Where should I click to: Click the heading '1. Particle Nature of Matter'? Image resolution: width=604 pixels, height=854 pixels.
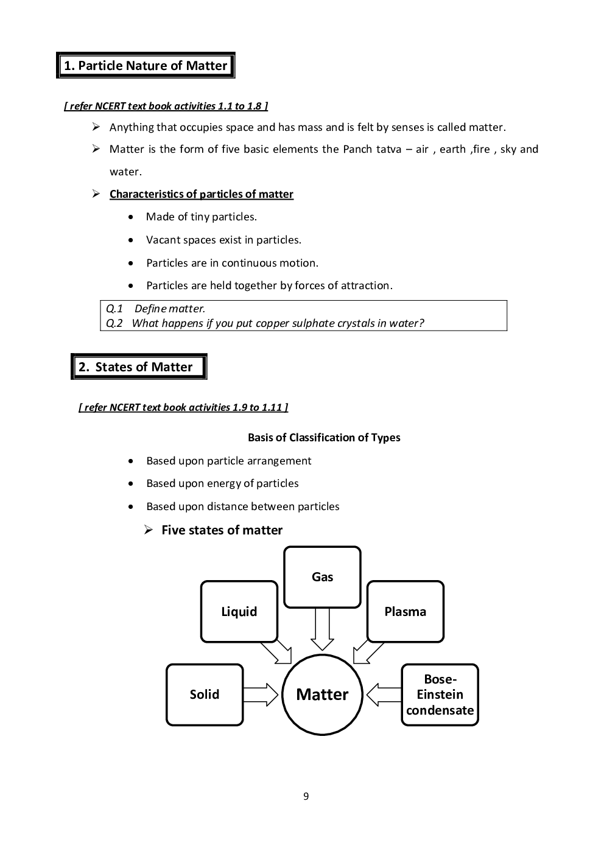click(146, 66)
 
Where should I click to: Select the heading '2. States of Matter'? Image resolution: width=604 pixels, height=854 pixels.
click(138, 367)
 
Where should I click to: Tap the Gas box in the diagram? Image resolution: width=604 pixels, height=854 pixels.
click(322, 577)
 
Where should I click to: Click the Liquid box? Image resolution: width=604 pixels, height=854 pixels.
click(239, 612)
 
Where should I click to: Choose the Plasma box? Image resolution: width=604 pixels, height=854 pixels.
click(405, 612)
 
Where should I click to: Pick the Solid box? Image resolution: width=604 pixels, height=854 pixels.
click(205, 695)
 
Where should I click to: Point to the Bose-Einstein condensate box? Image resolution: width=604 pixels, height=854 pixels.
click(440, 695)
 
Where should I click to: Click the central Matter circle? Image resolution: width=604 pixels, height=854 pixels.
click(322, 695)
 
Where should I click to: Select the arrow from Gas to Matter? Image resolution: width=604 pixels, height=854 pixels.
click(322, 629)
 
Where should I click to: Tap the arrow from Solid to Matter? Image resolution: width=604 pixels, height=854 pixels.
click(261, 695)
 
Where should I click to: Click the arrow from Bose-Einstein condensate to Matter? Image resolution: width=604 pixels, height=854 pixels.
click(384, 695)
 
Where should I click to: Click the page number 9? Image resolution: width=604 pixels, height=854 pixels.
click(306, 797)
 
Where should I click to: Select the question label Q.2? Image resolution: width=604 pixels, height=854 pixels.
click(114, 323)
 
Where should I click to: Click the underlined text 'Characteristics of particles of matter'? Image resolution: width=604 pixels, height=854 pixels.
click(201, 194)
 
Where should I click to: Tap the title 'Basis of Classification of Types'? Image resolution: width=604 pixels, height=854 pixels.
click(324, 438)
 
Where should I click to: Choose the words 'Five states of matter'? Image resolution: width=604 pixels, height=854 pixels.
click(222, 530)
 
